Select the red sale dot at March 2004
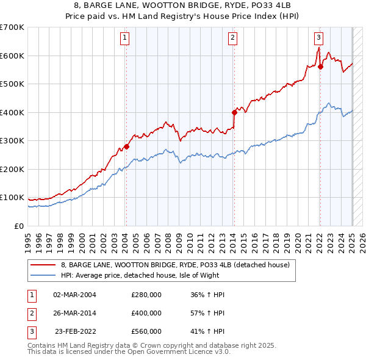[126, 146]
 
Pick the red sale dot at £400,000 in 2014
[234, 112]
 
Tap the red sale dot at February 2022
[320, 67]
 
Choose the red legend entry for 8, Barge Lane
[178, 265]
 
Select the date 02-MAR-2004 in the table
[74, 295]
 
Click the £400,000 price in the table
[146, 313]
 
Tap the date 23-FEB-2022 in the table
[74, 331]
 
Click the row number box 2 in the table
[30, 313]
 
